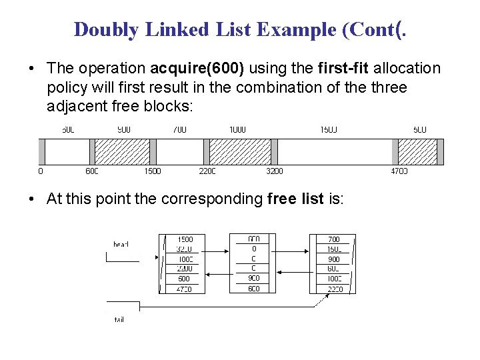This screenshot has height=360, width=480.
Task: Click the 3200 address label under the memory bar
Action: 274,171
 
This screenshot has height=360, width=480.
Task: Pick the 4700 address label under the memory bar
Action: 399,171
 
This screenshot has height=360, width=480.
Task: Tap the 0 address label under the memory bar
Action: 41,171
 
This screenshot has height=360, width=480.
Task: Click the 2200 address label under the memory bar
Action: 207,171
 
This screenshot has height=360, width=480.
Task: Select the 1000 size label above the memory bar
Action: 237,129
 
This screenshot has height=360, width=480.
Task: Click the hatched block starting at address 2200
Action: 240,151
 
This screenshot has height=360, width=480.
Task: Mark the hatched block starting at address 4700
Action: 417,151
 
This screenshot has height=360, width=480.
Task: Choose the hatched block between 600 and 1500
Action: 122,151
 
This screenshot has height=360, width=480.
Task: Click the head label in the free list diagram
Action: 121,245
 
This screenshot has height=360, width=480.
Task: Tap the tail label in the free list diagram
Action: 119,320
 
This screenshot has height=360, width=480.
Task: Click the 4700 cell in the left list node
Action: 184,289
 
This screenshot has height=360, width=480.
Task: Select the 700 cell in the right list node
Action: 334,239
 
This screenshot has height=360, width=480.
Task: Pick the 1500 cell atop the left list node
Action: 184,239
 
